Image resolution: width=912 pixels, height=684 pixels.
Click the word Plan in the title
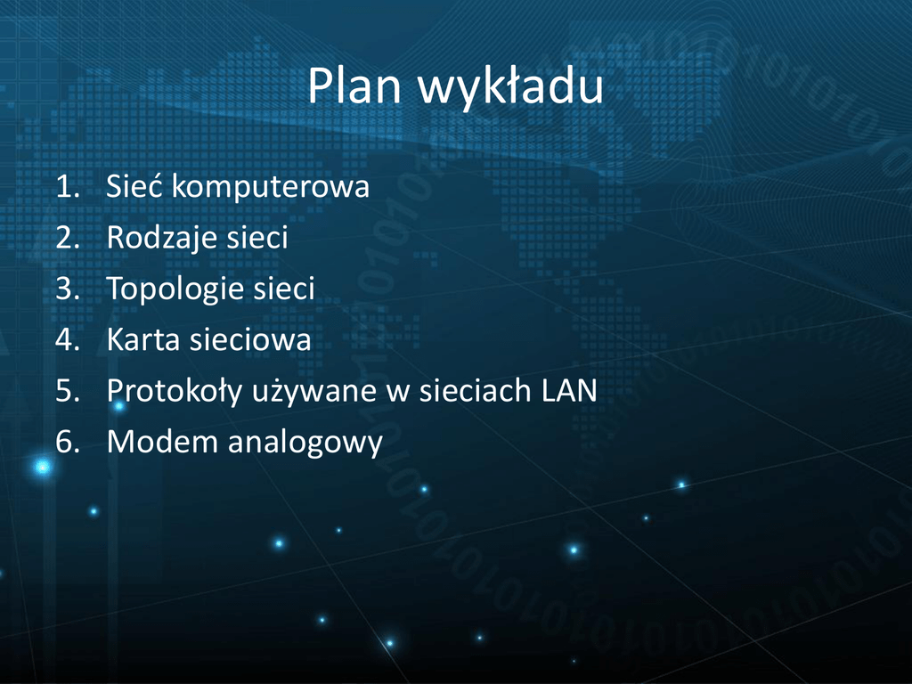pyautogui.click(x=354, y=86)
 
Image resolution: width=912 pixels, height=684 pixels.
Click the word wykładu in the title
pyautogui.click(x=510, y=88)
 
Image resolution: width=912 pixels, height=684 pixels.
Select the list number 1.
pyautogui.click(x=68, y=187)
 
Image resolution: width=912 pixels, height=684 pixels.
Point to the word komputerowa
pyautogui.click(x=271, y=187)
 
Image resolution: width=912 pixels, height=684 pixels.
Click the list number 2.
pyautogui.click(x=68, y=238)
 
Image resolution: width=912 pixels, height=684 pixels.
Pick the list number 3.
pyautogui.click(x=68, y=289)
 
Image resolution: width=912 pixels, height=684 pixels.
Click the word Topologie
pyautogui.click(x=174, y=289)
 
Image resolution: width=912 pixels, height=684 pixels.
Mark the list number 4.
pyautogui.click(x=68, y=340)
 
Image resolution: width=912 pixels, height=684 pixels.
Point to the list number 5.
pyautogui.click(x=68, y=392)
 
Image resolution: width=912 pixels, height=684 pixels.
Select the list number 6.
pyautogui.click(x=68, y=442)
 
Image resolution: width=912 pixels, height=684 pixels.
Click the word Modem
pyautogui.click(x=162, y=442)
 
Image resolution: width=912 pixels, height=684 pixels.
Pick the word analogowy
pyautogui.click(x=305, y=444)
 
